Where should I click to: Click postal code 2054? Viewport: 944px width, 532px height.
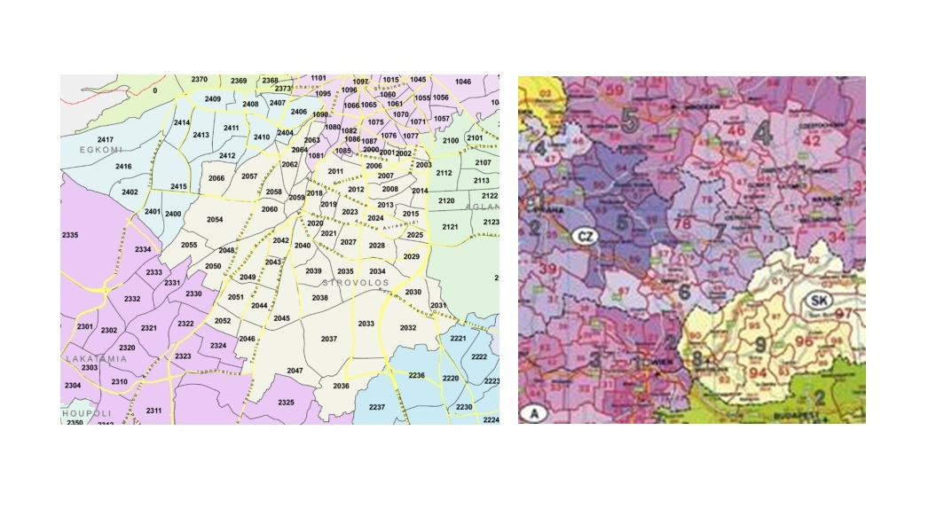[214, 219]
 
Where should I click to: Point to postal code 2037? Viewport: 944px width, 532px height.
[328, 340]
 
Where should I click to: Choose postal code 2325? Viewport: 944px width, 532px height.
[285, 403]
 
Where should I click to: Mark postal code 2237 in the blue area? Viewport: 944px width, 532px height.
[377, 407]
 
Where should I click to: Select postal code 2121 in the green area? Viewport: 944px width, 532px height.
[450, 228]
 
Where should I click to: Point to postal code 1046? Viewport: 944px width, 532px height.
[462, 82]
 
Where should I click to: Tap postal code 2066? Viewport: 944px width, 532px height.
[216, 178]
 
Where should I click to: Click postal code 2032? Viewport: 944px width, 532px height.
[408, 327]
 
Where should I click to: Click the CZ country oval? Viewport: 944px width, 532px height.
[584, 237]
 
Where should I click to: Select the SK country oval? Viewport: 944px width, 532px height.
[817, 301]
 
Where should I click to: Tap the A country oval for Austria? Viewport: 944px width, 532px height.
[534, 413]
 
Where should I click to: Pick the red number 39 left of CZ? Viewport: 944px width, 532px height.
[548, 269]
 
